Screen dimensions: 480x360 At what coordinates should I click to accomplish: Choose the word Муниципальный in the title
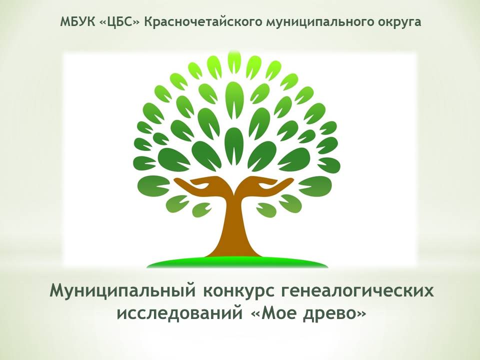[x=122, y=291]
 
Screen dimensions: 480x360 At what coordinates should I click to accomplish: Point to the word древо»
[x=334, y=314]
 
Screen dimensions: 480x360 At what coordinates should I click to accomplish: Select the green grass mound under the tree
[x=237, y=262]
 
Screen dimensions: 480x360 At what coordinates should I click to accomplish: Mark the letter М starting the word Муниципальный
[x=58, y=290]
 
